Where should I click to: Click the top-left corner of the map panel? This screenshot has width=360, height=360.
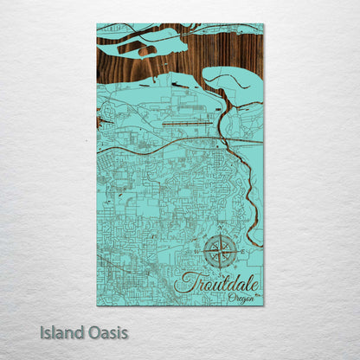[x=98, y=24]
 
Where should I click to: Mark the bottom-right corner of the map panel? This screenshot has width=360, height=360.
[x=263, y=305]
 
